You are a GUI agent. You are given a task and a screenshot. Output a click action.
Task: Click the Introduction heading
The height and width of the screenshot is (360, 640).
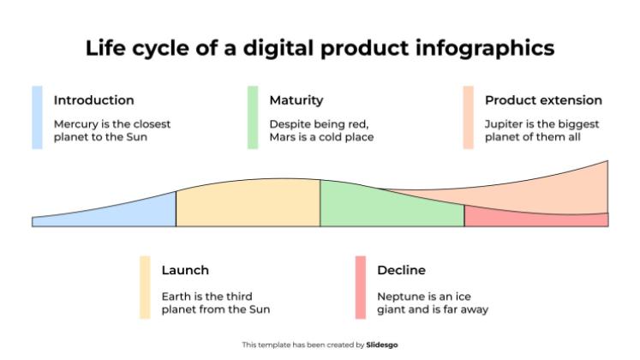coord(93,100)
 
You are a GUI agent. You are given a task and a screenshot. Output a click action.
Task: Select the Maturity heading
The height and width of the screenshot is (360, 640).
coord(296,100)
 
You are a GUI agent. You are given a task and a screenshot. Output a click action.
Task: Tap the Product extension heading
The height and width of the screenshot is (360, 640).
coord(543,100)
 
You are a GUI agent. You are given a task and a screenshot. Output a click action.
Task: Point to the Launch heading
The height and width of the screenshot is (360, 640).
coord(185,270)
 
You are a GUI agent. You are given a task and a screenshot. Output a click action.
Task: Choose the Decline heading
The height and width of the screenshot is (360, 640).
coord(401,270)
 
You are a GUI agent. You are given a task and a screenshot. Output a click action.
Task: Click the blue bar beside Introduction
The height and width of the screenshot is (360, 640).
coord(37,117)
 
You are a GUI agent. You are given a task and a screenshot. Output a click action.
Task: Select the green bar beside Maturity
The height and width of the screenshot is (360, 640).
coord(253,117)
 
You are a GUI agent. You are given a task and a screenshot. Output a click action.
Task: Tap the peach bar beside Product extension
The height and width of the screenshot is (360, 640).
coord(468,117)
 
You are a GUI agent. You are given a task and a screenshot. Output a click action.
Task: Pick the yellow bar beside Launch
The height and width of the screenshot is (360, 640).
coord(145,287)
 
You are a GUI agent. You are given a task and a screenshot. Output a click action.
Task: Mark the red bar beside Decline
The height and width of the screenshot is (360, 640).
coord(361,287)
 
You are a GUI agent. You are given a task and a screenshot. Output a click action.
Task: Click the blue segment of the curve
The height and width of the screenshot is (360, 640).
coord(129,214)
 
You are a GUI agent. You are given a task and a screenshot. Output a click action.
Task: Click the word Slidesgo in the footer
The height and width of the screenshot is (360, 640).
coord(382,345)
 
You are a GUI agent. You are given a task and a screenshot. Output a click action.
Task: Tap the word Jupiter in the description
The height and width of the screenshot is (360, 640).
coord(505,123)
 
